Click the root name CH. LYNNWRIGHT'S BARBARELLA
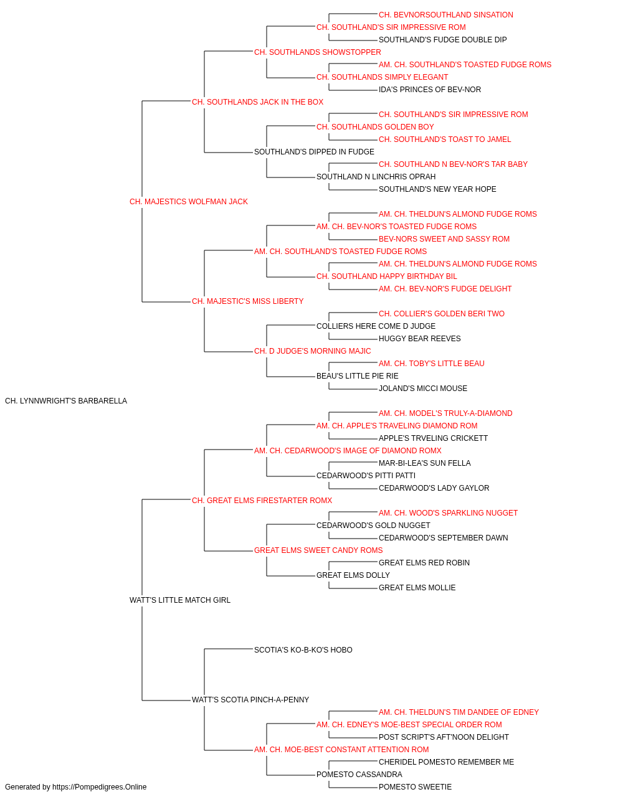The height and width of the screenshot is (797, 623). pyautogui.click(x=66, y=401)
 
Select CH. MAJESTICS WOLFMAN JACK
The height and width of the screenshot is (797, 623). pyautogui.click(x=189, y=202)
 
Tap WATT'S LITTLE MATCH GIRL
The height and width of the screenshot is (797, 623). pyautogui.click(x=180, y=600)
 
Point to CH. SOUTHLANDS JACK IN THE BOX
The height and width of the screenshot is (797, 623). pyautogui.click(x=257, y=102)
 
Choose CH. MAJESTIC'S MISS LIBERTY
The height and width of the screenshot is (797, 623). pyautogui.click(x=248, y=301)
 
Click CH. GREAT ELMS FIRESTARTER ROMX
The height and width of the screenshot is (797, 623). pyautogui.click(x=262, y=500)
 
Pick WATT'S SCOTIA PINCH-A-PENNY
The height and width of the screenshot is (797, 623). pyautogui.click(x=250, y=700)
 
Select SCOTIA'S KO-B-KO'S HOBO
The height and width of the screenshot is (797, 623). pyautogui.click(x=303, y=650)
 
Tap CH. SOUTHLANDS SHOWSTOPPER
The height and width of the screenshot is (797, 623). pyautogui.click(x=318, y=52)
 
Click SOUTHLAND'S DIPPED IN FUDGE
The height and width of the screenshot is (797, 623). pyautogui.click(x=315, y=152)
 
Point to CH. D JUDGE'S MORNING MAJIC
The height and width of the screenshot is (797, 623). pyautogui.click(x=313, y=351)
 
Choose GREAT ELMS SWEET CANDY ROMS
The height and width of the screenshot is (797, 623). pyautogui.click(x=318, y=550)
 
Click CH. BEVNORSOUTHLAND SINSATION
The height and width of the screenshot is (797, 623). pyautogui.click(x=446, y=15)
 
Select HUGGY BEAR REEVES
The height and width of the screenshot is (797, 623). pyautogui.click(x=420, y=339)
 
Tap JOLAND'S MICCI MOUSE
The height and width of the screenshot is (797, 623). pyautogui.click(x=423, y=389)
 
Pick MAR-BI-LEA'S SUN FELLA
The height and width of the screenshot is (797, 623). pyautogui.click(x=424, y=463)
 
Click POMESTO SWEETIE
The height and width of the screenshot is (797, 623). pyautogui.click(x=416, y=787)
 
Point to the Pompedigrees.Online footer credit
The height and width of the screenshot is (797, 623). pyautogui.click(x=75, y=787)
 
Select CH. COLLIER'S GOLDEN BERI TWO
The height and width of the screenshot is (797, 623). pyautogui.click(x=442, y=314)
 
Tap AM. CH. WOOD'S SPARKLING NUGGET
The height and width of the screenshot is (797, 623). pyautogui.click(x=449, y=512)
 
